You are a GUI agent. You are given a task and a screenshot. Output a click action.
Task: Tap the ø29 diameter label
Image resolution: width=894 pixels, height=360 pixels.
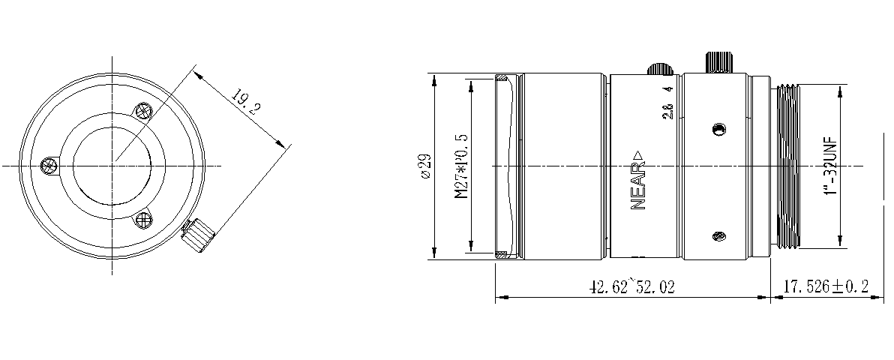point(424,166)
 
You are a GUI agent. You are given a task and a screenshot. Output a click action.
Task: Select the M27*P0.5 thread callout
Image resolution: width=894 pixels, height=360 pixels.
point(460,166)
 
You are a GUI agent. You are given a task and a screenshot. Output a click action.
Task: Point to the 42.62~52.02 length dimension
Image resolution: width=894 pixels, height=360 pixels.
point(631,287)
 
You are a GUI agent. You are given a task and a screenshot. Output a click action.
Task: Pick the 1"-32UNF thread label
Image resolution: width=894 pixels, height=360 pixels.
point(829,166)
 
